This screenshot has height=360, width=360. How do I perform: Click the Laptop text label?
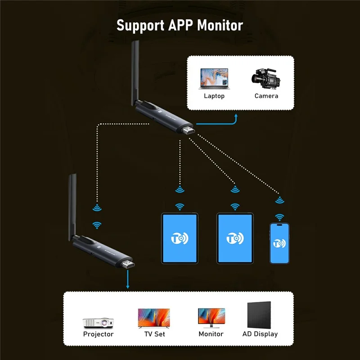[214, 96]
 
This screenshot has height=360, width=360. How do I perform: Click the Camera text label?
[266, 96]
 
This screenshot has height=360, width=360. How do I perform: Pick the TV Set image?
[153, 318]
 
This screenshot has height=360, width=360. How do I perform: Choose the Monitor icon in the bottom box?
[211, 318]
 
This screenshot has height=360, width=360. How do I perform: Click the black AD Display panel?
[259, 315]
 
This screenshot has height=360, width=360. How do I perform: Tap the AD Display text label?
[260, 334]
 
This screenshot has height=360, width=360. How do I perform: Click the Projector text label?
[98, 334]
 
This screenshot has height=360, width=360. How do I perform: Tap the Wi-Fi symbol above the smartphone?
[279, 218]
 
